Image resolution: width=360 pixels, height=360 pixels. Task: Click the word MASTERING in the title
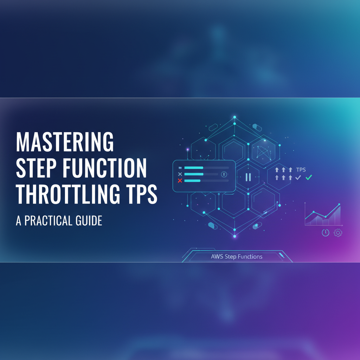pos(65,142)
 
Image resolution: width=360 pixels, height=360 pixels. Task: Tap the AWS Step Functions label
pos(237,257)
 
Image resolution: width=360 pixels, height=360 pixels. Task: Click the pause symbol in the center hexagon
pos(248,177)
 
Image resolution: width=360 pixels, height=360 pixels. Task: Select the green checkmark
pos(309,178)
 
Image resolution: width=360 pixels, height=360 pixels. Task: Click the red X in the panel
pos(180,181)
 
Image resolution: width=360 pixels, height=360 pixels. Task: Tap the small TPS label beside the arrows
pos(301,169)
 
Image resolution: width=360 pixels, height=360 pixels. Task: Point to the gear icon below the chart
pos(338,232)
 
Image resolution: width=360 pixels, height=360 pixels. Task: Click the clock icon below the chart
pos(326,232)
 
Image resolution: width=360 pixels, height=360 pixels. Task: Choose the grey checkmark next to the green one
pos(298,178)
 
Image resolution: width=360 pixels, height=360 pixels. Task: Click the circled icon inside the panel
pos(224,174)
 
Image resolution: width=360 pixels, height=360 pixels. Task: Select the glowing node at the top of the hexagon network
pos(234,117)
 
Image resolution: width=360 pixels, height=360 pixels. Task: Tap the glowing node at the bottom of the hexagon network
pos(234,237)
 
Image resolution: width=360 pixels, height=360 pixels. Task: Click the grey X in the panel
pos(180,174)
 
